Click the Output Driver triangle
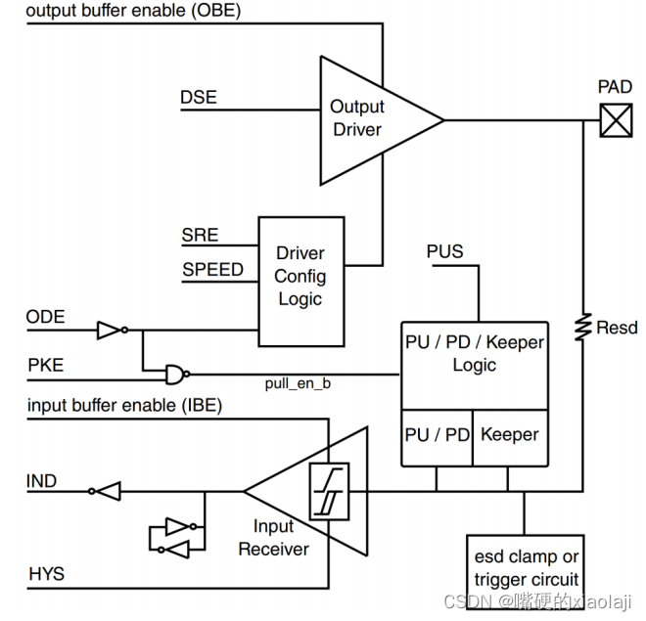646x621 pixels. point(367,119)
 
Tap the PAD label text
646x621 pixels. point(615,88)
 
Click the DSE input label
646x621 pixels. point(199,98)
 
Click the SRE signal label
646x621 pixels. point(200,236)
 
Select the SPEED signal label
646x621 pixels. point(212,269)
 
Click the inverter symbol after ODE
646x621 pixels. point(110,332)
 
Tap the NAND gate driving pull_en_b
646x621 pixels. point(175,374)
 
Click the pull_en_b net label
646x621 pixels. point(299,383)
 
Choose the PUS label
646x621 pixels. point(444,251)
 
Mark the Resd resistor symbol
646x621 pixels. point(583,327)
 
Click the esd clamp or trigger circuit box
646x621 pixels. point(526,568)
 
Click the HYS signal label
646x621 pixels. point(45,573)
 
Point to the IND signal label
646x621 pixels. point(42,481)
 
